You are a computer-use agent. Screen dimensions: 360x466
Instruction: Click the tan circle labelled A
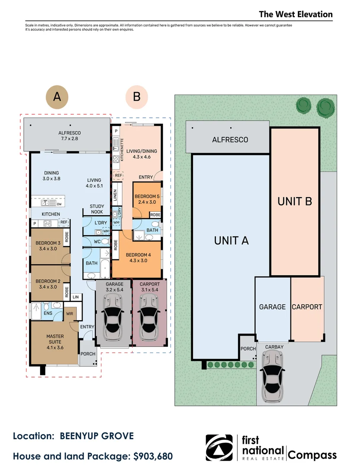[57, 97]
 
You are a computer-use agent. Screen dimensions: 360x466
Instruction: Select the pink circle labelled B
[137, 97]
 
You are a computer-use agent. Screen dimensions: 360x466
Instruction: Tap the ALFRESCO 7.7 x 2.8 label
[69, 135]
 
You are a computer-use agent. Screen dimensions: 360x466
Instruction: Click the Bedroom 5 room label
[147, 199]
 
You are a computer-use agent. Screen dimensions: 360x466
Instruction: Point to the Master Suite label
[55, 342]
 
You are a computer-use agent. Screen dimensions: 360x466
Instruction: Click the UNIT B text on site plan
[294, 202]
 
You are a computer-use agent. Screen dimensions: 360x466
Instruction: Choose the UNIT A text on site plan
[231, 240]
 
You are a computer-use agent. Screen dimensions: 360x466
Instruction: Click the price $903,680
[153, 456]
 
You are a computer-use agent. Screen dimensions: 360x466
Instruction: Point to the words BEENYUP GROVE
[97, 436]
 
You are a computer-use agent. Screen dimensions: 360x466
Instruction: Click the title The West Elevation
[296, 14]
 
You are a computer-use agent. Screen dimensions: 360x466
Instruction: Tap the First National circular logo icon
[219, 447]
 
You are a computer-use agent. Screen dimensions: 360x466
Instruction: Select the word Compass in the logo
[312, 455]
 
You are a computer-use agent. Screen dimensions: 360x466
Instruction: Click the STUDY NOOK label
[97, 209]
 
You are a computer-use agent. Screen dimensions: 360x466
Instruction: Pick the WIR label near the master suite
[69, 314]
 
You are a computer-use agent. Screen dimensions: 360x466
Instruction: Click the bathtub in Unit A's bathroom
[105, 269]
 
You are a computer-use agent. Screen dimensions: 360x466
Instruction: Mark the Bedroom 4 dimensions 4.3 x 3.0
[138, 261]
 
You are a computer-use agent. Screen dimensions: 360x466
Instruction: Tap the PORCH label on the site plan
[248, 349]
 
